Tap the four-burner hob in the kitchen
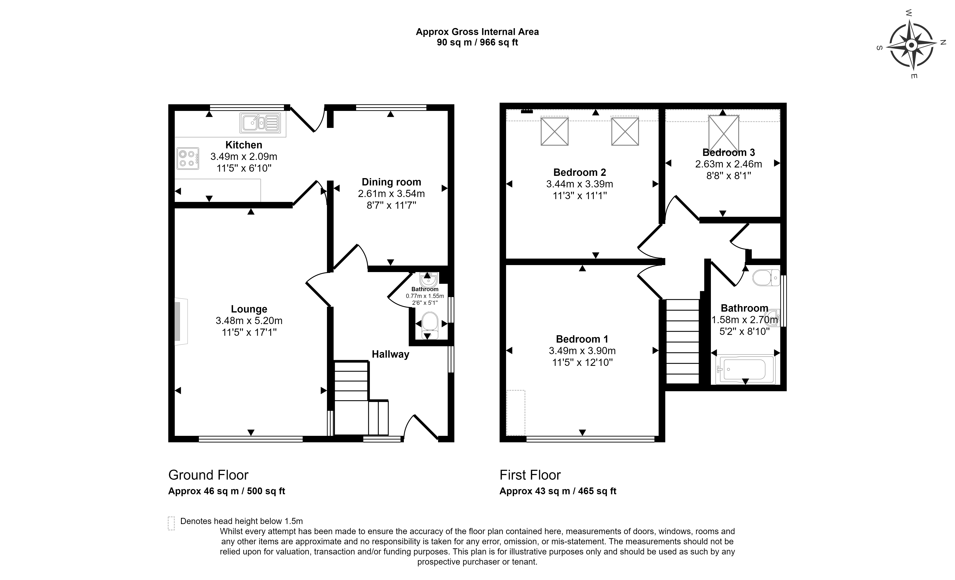188,158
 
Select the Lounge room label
249,309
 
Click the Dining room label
391,182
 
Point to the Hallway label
390,354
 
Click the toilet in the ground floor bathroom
429,325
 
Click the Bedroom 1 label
582,339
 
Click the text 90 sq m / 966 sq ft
477,42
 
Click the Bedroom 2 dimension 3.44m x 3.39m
580,184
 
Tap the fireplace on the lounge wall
181,321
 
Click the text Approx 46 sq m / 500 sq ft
227,491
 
